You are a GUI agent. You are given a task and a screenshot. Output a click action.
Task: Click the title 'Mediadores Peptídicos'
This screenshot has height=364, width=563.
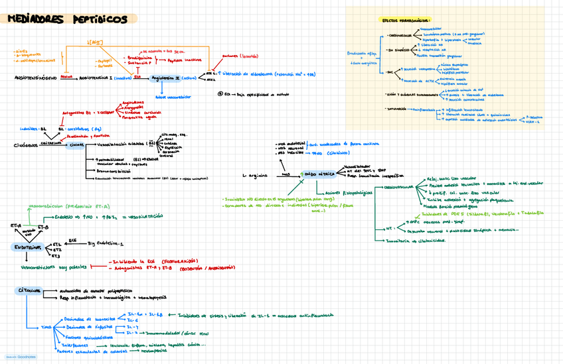tap(66, 19)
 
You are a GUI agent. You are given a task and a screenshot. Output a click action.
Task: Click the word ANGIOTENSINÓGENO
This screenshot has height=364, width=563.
tap(35, 78)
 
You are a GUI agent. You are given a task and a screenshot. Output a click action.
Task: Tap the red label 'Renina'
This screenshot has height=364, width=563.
tap(66, 76)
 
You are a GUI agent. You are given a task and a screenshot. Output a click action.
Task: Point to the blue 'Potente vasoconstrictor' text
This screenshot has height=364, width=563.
tap(172, 97)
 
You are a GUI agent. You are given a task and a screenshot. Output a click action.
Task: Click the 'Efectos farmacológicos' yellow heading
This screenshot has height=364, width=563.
tap(405, 20)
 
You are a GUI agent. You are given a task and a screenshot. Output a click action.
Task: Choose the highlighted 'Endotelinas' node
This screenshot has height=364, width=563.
tap(25, 247)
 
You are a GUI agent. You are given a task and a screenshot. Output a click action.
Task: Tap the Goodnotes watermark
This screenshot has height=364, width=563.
tap(22, 357)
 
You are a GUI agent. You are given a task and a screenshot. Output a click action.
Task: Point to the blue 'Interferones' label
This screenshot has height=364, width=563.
tap(74, 345)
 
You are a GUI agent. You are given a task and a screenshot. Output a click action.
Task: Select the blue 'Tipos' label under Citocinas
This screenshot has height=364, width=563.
tap(46, 328)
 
